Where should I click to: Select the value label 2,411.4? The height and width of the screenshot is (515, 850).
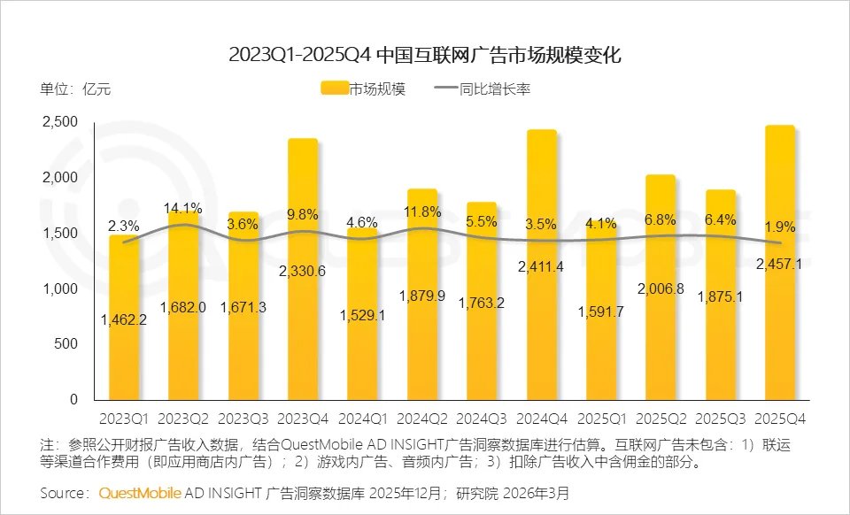[x=541, y=264]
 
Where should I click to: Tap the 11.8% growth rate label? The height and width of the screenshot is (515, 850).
[x=421, y=211]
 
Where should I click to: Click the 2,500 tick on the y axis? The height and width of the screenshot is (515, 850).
[x=59, y=123]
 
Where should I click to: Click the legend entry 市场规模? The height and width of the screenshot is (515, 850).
[x=363, y=88]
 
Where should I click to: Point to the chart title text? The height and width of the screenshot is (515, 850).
[x=425, y=55]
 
